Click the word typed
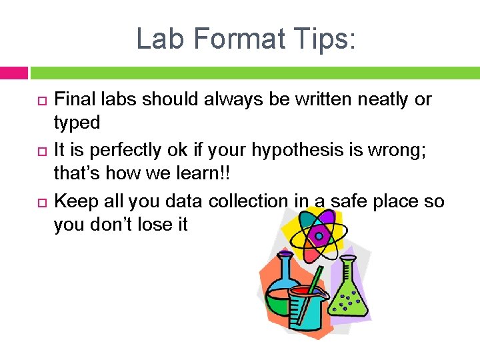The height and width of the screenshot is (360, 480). [x=77, y=123]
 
